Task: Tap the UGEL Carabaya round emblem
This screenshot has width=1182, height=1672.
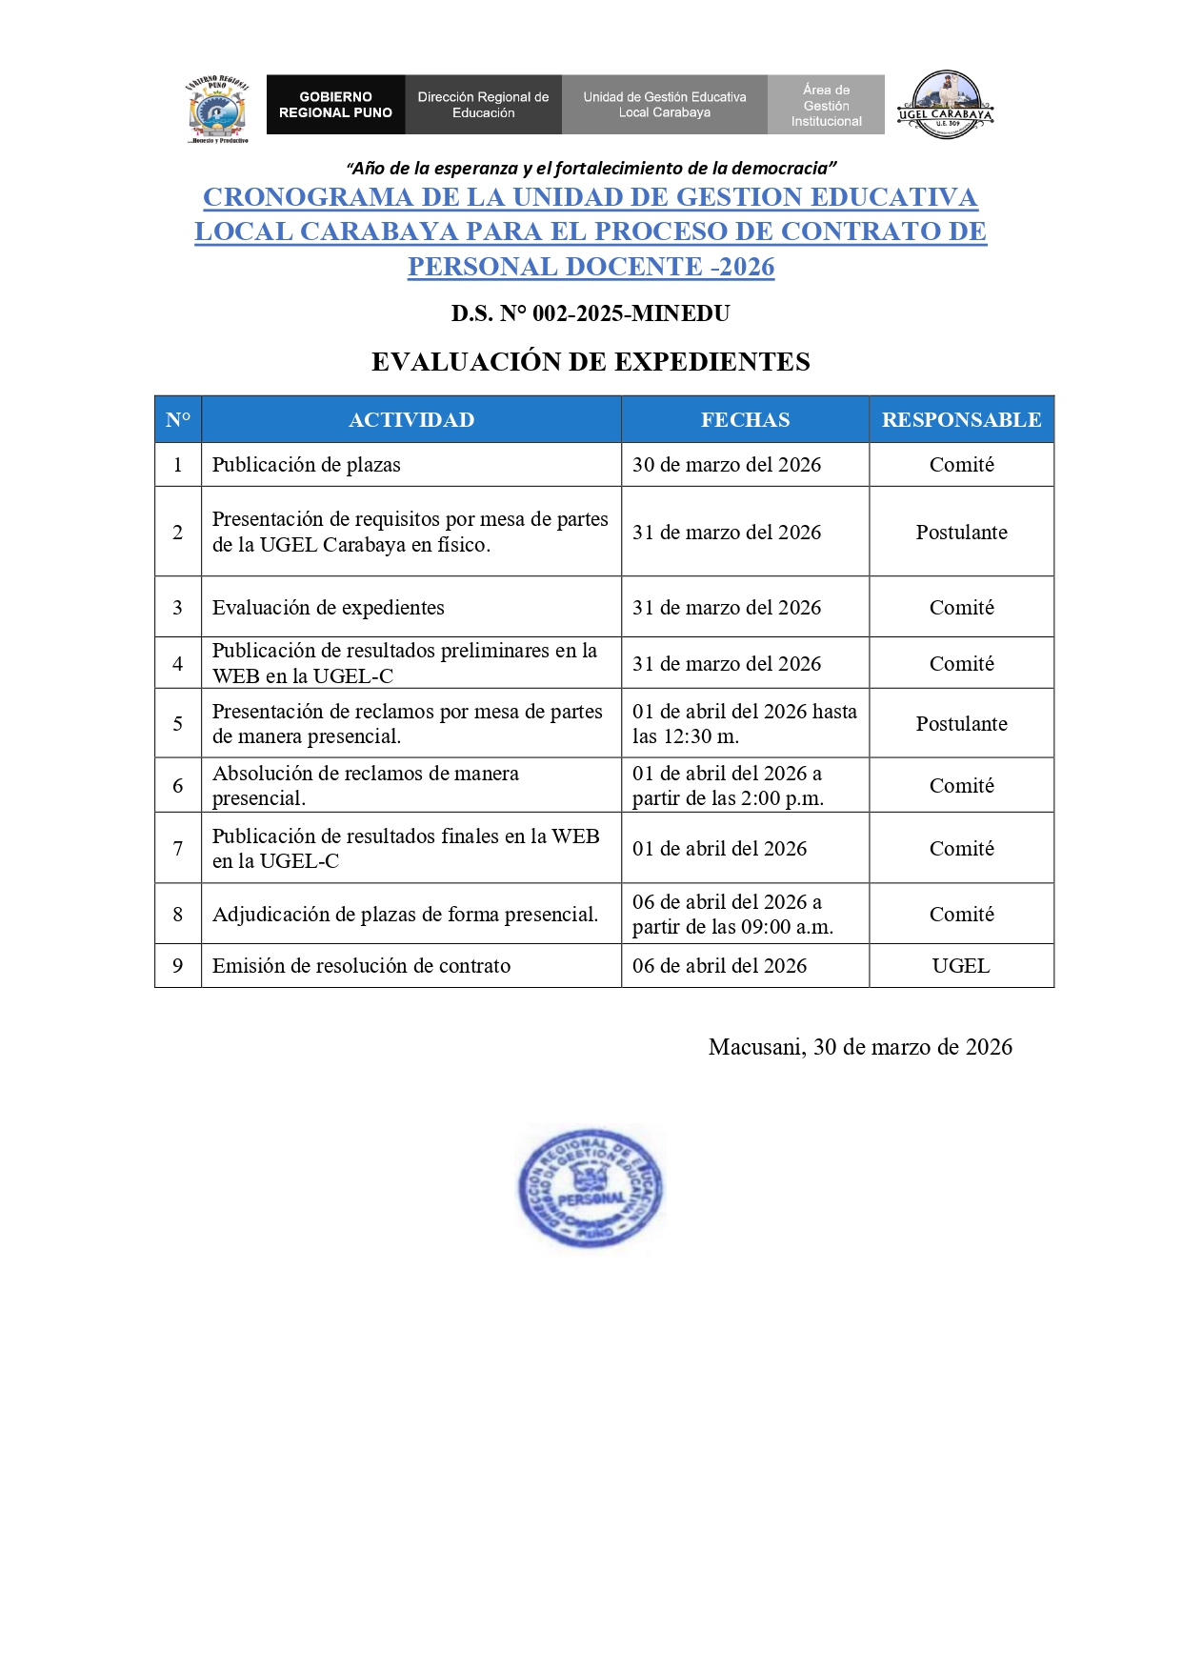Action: [945, 105]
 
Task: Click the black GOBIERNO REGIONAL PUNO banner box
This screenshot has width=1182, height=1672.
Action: [335, 105]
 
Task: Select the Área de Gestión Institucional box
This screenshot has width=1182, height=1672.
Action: [826, 105]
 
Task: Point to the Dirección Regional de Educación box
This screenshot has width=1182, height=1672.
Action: [483, 105]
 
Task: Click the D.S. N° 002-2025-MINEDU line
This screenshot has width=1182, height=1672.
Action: [591, 313]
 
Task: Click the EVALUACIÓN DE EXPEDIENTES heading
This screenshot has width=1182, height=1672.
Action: [591, 362]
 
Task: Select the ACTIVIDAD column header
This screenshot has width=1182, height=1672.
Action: [411, 420]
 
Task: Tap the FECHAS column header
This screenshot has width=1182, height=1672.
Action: [745, 420]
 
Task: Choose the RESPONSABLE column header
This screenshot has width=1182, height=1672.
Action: [961, 420]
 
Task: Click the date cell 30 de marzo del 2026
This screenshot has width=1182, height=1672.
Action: [727, 465]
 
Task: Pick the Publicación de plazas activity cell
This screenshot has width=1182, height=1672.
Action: [307, 465]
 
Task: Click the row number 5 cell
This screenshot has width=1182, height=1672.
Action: [178, 724]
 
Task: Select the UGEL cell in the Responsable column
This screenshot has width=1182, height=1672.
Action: [961, 966]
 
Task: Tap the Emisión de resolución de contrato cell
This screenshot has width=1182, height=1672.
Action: [362, 966]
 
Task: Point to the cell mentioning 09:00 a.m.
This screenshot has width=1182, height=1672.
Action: [732, 915]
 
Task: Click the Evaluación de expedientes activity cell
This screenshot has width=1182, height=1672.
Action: [329, 608]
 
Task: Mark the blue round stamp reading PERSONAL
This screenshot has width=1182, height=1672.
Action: [591, 1189]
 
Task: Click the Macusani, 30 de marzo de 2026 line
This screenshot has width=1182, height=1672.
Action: [860, 1047]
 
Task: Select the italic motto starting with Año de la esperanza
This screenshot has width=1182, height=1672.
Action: [591, 169]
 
